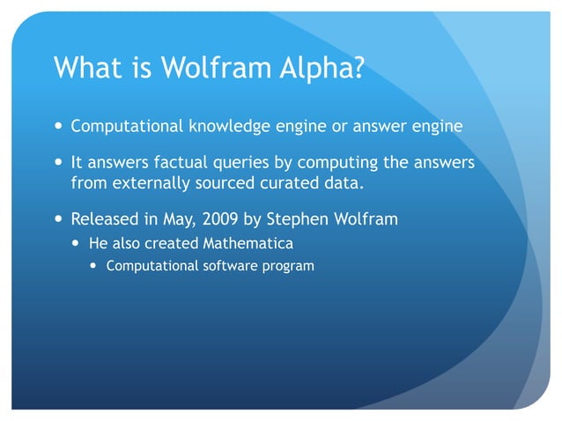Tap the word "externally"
click(148, 183)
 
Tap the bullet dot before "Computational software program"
click(95, 265)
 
